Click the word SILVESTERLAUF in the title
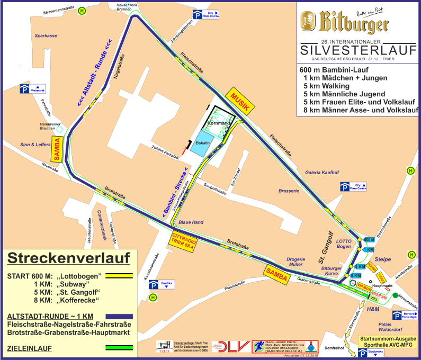tap(358, 50)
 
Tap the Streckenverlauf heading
tap(69, 258)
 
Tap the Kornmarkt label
tap(219, 123)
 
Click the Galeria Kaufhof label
tap(321, 172)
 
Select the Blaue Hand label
tap(191, 222)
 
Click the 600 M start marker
tap(369, 239)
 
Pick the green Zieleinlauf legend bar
tap(119, 348)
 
